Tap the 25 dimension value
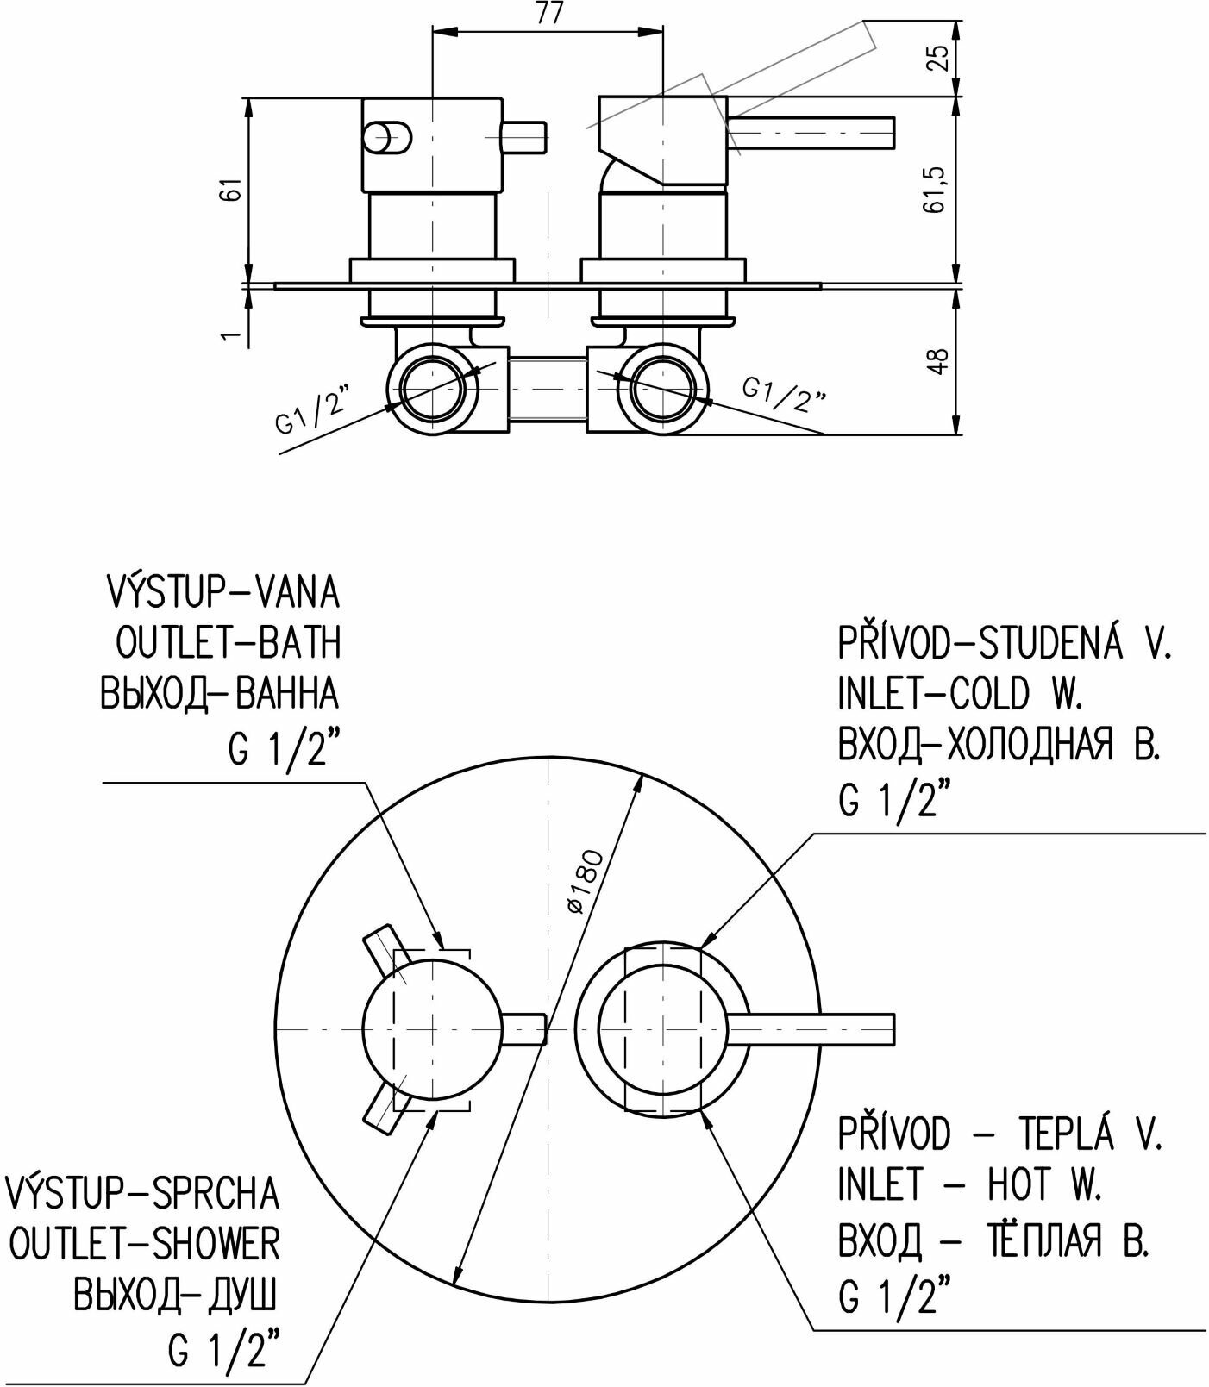[x=939, y=56]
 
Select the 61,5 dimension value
[x=939, y=189]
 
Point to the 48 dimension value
[x=939, y=360]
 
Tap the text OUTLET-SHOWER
[x=143, y=1244]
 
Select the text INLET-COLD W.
[x=960, y=693]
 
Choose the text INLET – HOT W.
[x=970, y=1186]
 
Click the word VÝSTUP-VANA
[x=222, y=592]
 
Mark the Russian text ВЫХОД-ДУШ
[x=176, y=1295]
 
